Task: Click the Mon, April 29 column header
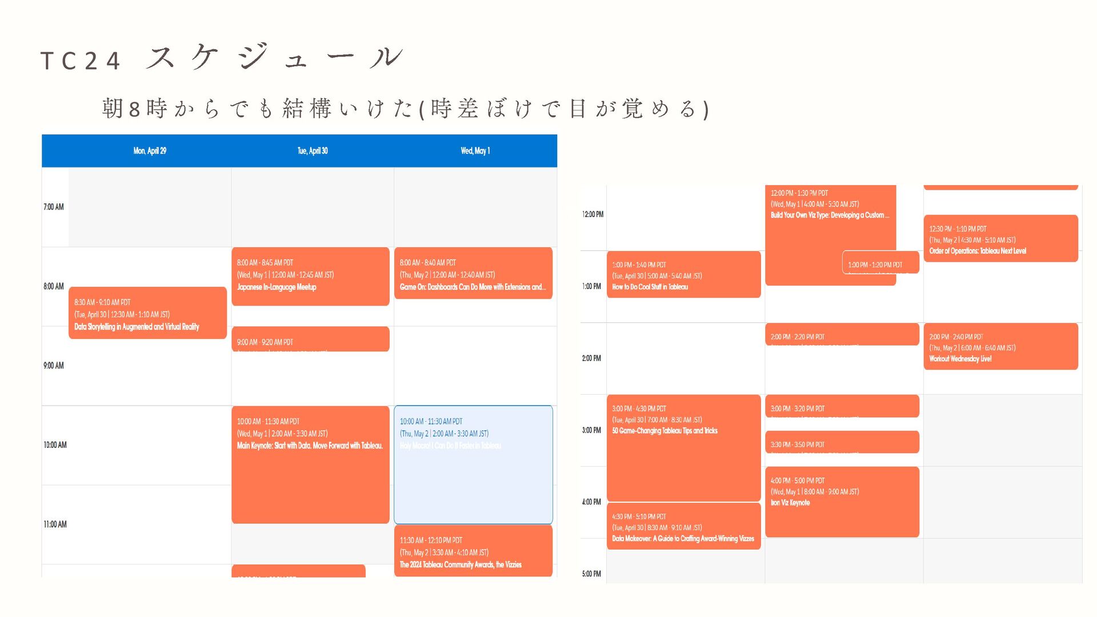point(150,151)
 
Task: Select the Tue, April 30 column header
point(313,151)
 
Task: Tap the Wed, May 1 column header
point(475,151)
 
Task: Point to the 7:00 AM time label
point(54,207)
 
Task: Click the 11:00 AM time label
point(55,524)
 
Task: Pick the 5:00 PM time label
point(591,574)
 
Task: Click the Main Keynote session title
point(310,446)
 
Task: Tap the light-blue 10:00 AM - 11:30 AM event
point(473,464)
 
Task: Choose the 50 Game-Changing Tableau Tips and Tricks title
point(664,431)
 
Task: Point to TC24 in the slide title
point(81,61)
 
